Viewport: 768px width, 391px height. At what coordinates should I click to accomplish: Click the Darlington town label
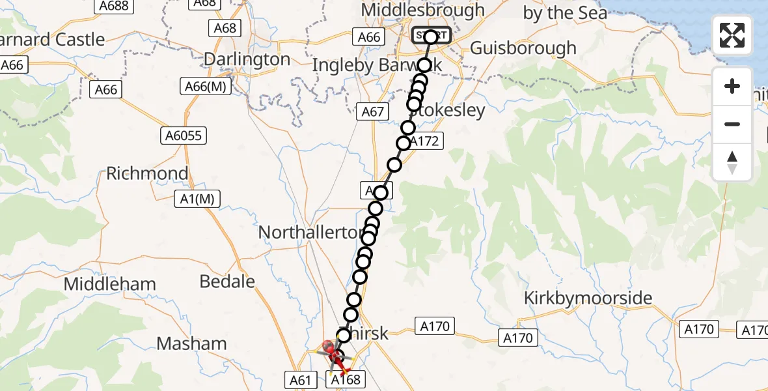point(247,59)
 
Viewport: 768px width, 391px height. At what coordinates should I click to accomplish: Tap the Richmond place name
point(147,173)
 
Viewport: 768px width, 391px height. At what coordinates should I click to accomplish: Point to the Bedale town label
point(227,281)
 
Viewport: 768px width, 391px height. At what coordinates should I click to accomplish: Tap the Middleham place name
point(110,284)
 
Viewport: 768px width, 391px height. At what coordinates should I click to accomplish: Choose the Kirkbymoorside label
point(588,298)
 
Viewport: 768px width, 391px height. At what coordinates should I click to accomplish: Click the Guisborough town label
point(523,48)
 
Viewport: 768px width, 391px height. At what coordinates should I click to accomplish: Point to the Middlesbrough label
point(423,10)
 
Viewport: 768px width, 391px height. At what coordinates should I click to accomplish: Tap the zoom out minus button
point(732,124)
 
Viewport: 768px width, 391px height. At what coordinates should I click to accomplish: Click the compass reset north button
point(732,162)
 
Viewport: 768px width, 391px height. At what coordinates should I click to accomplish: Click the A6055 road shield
point(185,136)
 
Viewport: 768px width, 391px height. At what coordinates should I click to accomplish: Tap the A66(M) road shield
point(206,86)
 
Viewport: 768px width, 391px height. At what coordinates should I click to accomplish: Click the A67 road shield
point(373,111)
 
